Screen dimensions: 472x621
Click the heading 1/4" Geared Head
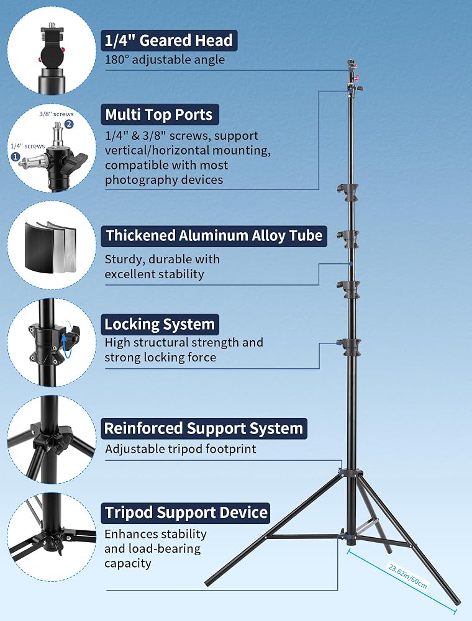tap(169, 40)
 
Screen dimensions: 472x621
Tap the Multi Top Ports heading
tap(159, 114)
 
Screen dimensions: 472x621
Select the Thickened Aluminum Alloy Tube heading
tap(214, 235)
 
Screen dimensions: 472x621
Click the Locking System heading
tap(160, 324)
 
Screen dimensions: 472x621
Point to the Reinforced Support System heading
tap(204, 428)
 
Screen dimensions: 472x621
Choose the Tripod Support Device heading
tap(185, 513)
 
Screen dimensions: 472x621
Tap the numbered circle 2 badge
tap(69, 124)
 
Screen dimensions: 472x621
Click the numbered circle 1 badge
tap(16, 157)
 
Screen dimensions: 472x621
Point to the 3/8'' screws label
tap(57, 114)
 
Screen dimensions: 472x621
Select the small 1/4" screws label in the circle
tap(28, 146)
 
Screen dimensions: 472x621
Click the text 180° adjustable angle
tap(165, 60)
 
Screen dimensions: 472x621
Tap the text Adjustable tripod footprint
tap(181, 449)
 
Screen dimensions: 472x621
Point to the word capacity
tap(128, 564)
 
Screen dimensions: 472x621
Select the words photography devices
tap(164, 180)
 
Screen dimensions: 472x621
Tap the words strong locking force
tap(160, 358)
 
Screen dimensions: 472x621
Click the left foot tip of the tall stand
tap(207, 583)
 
